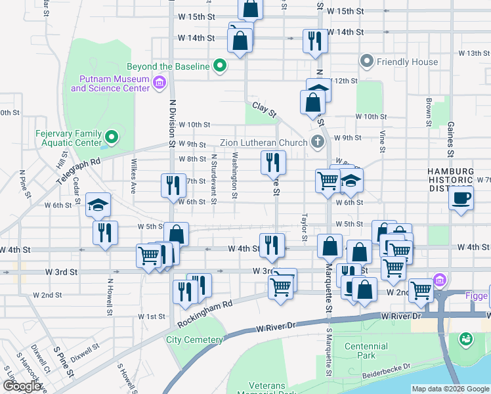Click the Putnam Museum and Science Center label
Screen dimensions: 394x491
(x=110, y=83)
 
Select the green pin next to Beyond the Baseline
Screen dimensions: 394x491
(x=220, y=66)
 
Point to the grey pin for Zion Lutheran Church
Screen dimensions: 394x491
(x=318, y=142)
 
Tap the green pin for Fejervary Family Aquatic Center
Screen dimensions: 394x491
(x=112, y=138)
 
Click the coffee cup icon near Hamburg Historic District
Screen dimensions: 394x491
(x=461, y=197)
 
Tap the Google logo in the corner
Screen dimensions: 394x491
(x=22, y=386)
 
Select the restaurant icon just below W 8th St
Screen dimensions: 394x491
(x=272, y=162)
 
